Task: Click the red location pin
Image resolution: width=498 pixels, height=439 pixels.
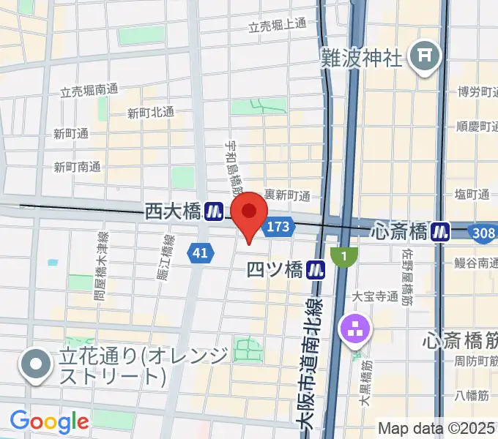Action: (x=249, y=214)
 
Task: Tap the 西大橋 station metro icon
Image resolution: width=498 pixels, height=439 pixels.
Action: (x=214, y=211)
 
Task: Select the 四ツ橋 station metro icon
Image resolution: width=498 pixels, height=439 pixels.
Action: (x=316, y=269)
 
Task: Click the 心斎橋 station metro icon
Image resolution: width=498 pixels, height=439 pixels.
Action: (x=440, y=231)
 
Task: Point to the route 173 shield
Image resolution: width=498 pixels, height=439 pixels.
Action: (x=278, y=227)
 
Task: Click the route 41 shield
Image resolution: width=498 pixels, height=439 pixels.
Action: (x=199, y=253)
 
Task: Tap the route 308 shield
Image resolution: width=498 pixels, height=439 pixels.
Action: (x=483, y=232)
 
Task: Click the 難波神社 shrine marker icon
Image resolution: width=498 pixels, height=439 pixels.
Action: (x=425, y=56)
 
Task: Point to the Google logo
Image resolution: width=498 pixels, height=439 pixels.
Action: (x=49, y=421)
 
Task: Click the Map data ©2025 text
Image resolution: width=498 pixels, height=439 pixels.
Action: (x=436, y=427)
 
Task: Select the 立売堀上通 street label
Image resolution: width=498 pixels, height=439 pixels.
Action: (x=277, y=26)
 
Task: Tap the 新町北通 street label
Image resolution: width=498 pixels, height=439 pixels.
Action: (x=150, y=112)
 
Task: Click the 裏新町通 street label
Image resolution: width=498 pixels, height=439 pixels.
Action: (x=288, y=195)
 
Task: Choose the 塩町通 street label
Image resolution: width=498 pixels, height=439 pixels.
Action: (x=472, y=194)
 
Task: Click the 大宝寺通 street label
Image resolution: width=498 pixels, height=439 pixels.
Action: (x=374, y=296)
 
